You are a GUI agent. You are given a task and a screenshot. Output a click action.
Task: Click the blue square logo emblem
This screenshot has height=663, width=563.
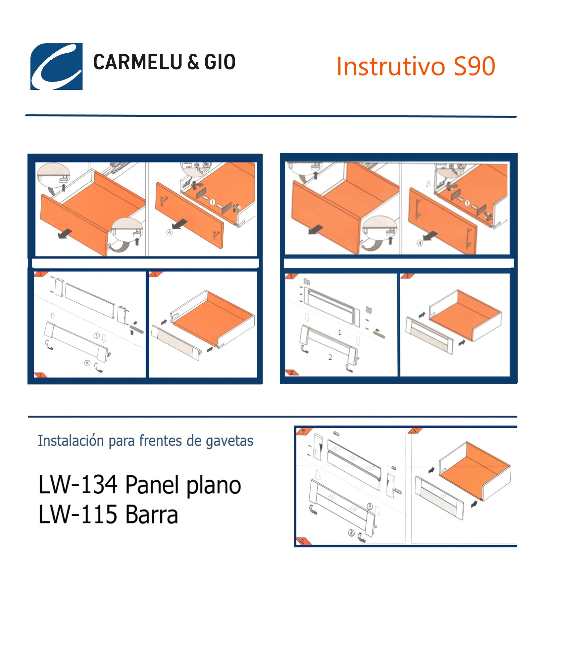[57, 66]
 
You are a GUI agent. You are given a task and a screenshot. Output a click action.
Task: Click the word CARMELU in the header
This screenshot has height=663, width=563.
[138, 62]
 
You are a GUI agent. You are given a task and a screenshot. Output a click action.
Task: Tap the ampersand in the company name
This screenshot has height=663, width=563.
[193, 62]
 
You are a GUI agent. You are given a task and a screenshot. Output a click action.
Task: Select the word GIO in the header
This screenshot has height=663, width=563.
[220, 62]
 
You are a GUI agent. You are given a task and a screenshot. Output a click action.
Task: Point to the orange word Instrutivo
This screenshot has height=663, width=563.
[390, 66]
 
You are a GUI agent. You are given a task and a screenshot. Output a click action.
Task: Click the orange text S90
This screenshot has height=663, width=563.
[474, 66]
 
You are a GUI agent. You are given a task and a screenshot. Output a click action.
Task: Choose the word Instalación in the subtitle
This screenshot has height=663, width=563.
[71, 441]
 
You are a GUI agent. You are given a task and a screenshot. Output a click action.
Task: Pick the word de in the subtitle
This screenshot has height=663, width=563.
[193, 441]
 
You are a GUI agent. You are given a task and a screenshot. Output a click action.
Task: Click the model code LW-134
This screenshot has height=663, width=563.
[78, 485]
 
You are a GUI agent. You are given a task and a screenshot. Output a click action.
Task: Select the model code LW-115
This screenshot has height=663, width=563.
[78, 514]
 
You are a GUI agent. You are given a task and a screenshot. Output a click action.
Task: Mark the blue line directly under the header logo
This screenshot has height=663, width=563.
[271, 116]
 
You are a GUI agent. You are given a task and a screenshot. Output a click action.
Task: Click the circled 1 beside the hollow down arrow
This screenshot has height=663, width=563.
[97, 335]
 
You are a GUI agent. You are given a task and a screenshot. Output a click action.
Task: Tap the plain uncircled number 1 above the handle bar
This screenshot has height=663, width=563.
[339, 332]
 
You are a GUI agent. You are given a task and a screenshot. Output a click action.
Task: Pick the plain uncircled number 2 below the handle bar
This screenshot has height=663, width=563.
[330, 357]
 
